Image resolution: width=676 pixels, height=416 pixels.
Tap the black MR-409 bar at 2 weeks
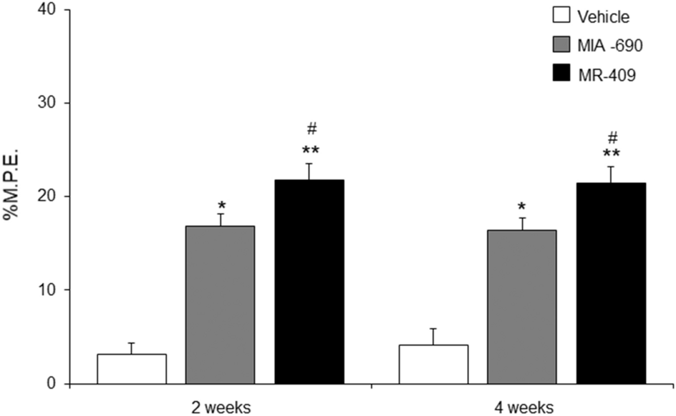click(x=309, y=282)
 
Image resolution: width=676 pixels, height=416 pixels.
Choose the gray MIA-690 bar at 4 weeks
click(x=522, y=307)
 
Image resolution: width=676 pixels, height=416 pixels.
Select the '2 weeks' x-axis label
click(x=221, y=407)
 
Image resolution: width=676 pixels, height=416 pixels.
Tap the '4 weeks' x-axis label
click(x=523, y=407)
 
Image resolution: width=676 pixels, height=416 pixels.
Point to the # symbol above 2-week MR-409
click(x=311, y=129)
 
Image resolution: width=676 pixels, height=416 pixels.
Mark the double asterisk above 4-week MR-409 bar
click(x=612, y=154)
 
